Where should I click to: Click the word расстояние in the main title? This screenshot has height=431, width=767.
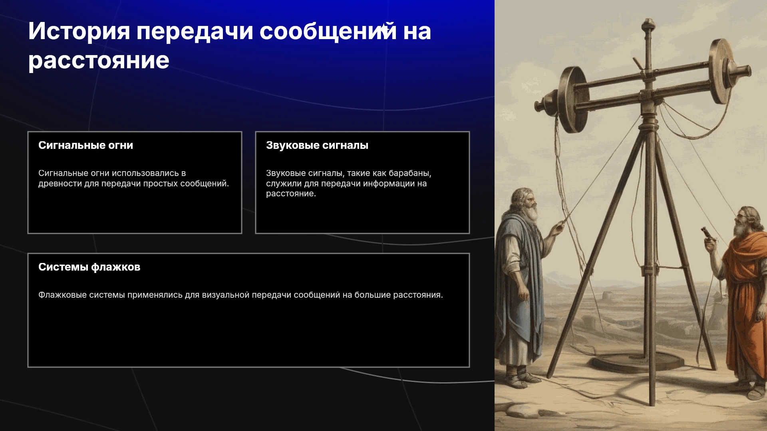point(99,61)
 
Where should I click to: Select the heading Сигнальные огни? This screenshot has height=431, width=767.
point(85,145)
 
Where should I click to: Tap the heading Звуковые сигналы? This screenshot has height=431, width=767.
point(317,145)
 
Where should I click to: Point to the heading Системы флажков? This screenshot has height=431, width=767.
point(89,267)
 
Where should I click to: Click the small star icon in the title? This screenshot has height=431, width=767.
point(383,29)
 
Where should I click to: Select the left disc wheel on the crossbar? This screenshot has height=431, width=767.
point(574,100)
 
